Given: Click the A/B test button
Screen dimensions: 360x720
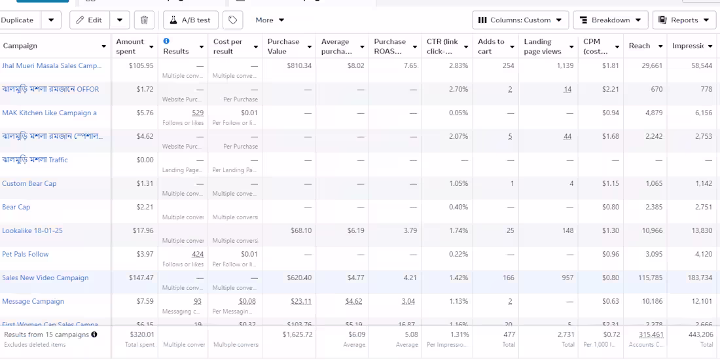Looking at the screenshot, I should point(190,20).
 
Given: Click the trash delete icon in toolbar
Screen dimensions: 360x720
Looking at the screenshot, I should point(144,20).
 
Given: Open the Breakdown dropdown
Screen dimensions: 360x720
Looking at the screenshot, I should point(610,20).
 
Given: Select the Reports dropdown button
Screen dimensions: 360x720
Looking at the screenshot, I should point(684,20).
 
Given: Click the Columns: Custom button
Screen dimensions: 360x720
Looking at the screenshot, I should point(520,20).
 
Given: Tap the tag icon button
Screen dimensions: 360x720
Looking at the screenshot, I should point(232,20).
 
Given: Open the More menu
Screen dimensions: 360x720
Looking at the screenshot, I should point(270,20).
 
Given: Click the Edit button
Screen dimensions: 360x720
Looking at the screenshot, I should point(90,20).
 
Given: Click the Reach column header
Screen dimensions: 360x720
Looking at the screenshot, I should point(639,46).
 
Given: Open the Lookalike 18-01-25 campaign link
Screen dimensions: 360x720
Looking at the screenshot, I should point(32,230).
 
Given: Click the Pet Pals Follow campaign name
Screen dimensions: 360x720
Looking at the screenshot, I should point(26,254).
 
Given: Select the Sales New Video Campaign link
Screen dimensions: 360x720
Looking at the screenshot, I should point(45,278).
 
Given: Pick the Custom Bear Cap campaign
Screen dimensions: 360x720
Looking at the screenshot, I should point(29,183).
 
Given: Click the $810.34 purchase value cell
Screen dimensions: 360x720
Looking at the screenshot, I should point(299,65).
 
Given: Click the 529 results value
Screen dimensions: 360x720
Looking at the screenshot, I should point(198,113).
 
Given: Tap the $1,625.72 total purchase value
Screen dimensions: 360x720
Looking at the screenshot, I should point(297,334).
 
